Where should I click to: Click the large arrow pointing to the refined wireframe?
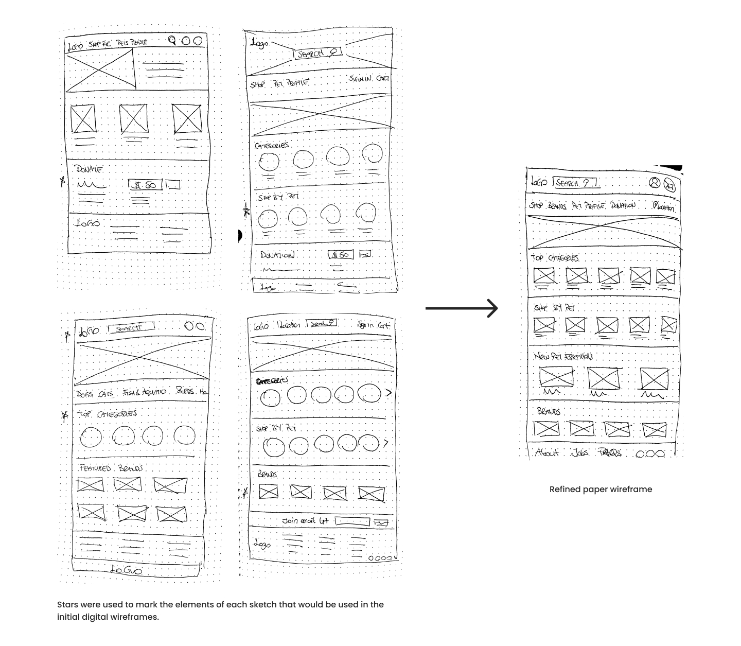click(x=462, y=308)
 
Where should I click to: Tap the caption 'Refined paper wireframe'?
click(x=601, y=490)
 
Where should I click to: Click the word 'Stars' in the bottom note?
click(x=68, y=605)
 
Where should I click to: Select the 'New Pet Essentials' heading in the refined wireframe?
click(x=563, y=356)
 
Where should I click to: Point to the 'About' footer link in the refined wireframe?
click(x=546, y=452)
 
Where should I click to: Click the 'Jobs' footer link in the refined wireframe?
click(x=580, y=452)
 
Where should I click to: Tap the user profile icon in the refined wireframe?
click(x=654, y=183)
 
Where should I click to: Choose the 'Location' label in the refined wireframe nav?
click(x=664, y=207)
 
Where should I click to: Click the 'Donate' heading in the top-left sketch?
click(x=89, y=169)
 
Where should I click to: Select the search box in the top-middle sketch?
click(x=317, y=53)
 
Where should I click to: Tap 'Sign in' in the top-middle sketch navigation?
click(x=360, y=79)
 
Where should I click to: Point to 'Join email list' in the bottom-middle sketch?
click(x=305, y=521)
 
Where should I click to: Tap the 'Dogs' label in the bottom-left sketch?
click(x=84, y=394)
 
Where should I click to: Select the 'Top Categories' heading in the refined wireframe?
click(x=555, y=257)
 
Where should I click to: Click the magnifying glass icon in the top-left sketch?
click(x=172, y=41)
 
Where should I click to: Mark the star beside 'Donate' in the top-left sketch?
click(x=63, y=181)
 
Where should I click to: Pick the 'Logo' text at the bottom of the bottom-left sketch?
click(x=126, y=570)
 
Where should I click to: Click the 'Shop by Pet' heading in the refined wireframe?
click(x=554, y=308)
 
